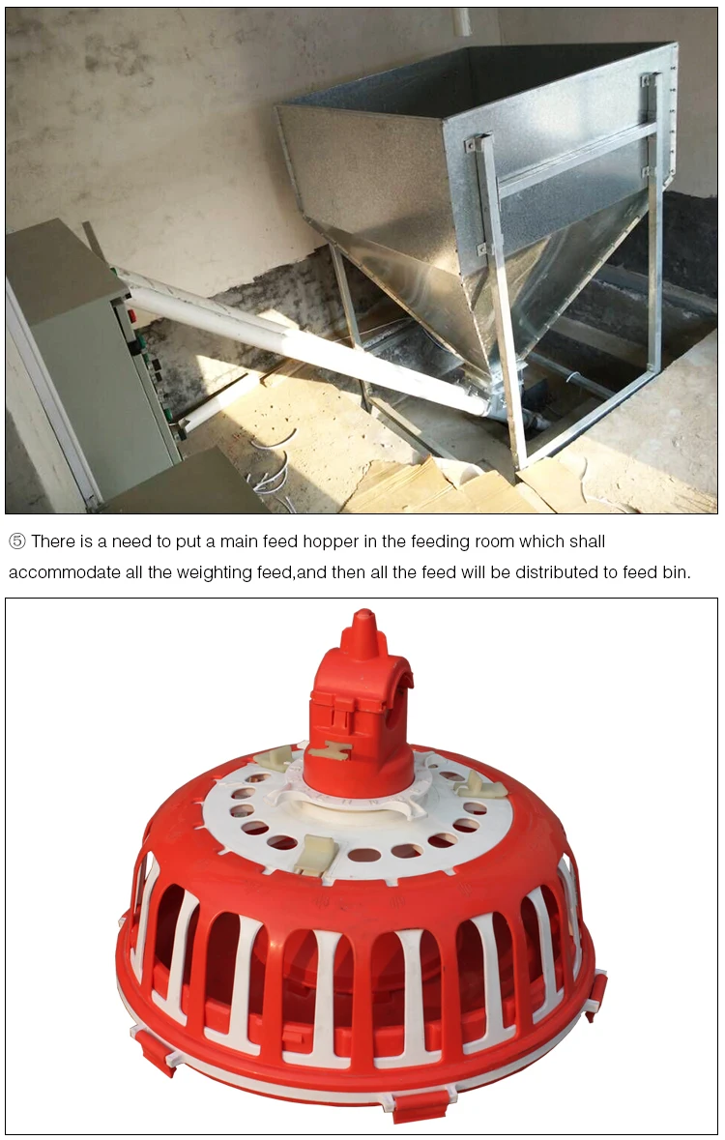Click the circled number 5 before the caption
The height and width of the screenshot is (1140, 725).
(17, 541)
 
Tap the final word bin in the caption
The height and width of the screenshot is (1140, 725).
(676, 572)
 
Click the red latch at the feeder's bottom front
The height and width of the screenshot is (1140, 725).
(421, 1104)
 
